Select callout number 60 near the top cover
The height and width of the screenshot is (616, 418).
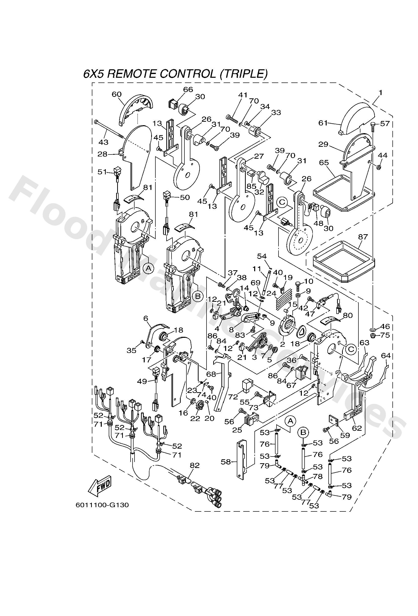click(x=117, y=94)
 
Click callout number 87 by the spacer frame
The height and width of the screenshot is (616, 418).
click(x=363, y=237)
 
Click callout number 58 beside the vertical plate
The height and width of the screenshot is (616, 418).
click(x=226, y=462)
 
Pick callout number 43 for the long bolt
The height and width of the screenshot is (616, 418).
click(x=103, y=142)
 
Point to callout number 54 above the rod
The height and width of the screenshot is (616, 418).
click(x=262, y=256)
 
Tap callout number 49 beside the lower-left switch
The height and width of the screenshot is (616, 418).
click(x=142, y=382)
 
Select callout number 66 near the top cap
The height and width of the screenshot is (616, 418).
click(x=188, y=90)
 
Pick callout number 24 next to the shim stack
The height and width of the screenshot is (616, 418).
click(x=271, y=293)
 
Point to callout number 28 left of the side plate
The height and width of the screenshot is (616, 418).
click(x=103, y=154)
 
